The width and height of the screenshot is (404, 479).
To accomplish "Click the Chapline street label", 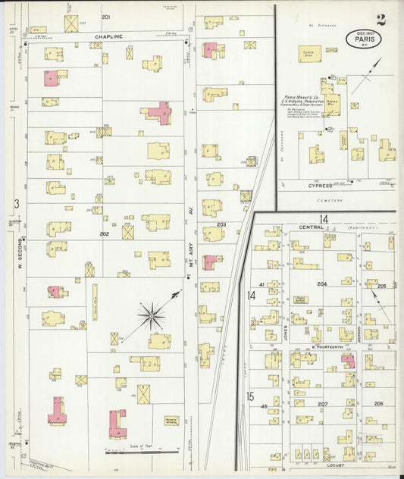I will [108, 36].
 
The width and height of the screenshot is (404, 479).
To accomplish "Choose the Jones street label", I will [286, 333].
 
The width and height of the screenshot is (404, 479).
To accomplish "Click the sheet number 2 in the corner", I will [381, 20].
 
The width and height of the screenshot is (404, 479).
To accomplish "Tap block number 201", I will [105, 17].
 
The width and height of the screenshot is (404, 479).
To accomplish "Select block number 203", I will [221, 225].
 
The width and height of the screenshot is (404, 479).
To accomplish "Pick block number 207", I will [322, 404].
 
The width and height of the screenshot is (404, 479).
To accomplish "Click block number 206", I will [378, 404].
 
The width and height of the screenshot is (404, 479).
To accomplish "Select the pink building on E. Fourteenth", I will [348, 360].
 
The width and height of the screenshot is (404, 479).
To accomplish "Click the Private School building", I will [171, 420].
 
